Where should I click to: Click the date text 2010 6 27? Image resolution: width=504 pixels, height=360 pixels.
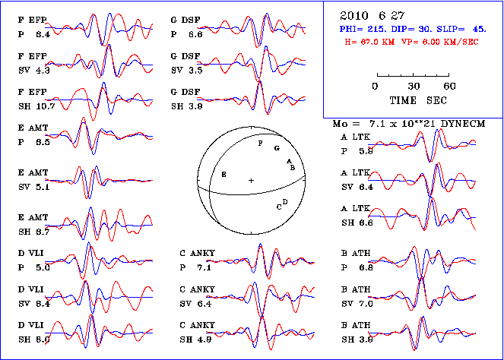tap(369, 14)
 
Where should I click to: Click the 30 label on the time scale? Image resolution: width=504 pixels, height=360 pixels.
tap(414, 86)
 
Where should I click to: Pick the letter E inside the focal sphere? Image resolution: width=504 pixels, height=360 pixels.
tap(223, 174)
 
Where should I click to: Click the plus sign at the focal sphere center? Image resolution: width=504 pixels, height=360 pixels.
tap(251, 180)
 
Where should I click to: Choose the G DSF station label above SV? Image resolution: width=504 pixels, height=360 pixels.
tap(185, 58)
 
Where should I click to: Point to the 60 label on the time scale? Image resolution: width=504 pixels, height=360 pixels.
tap(449, 86)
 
